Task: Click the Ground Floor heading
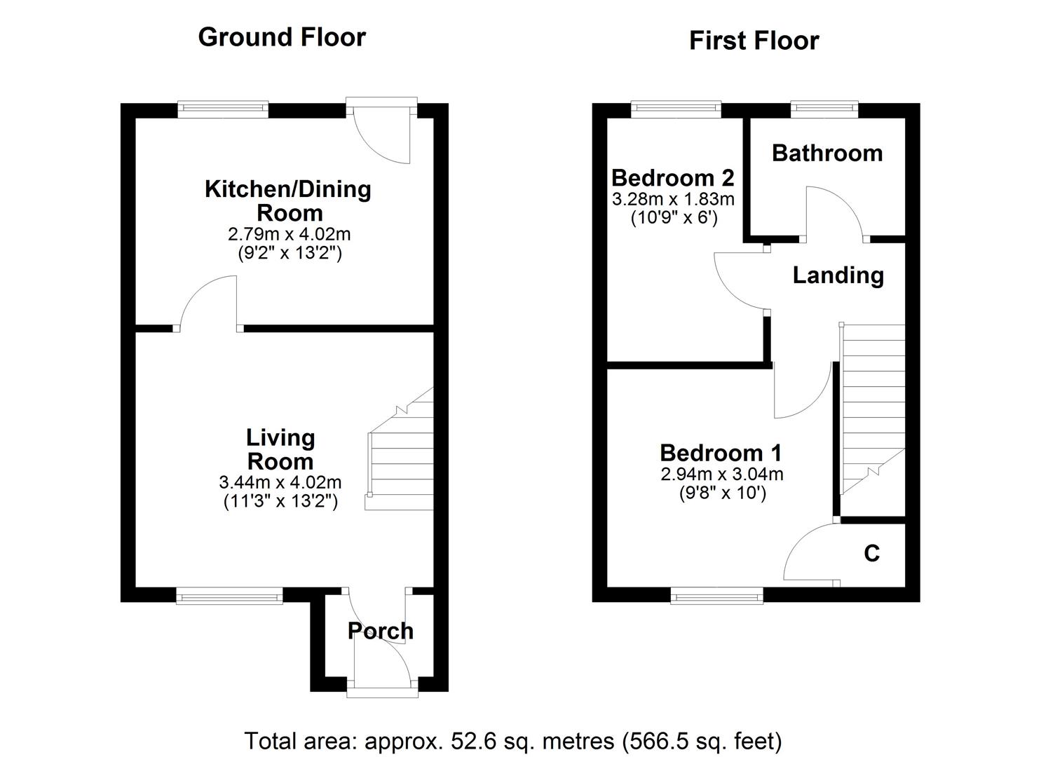[282, 37]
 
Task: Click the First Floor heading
[754, 41]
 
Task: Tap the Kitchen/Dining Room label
[287, 200]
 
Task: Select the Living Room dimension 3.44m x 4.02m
[280, 482]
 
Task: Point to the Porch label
[381, 631]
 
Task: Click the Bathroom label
[827, 154]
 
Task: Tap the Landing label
[838, 275]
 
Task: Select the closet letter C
[871, 554]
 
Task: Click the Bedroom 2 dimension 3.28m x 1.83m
[673, 199]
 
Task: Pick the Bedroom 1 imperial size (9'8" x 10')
[722, 493]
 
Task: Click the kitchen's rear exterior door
[382, 133]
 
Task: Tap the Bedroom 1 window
[716, 596]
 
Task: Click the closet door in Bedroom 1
[810, 554]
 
